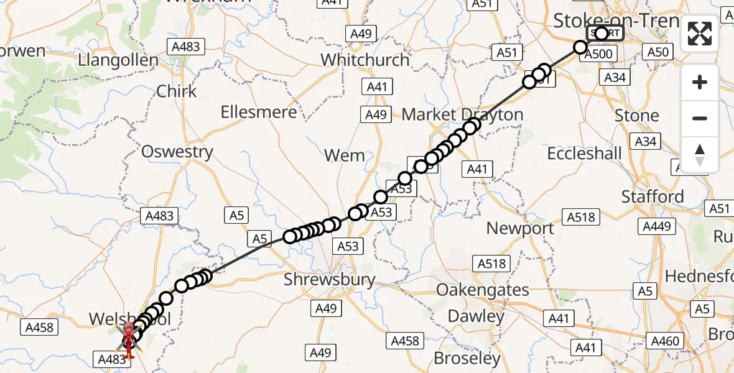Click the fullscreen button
pos(700,34)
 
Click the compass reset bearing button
pos(700,155)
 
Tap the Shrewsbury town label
pos(330,280)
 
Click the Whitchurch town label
pos(365,60)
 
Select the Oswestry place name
pos(177,152)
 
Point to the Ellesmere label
pos(259,113)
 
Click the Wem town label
pos(345,155)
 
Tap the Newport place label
pos(520,228)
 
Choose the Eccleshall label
pos(584,153)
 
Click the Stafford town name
pos(653,197)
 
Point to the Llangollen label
pos(118,60)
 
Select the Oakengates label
pos(483,290)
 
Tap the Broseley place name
pos(467,358)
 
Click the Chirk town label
pos(177,91)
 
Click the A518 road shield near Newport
pos(581,217)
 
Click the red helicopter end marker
pos(128,339)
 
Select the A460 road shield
pos(665,341)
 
